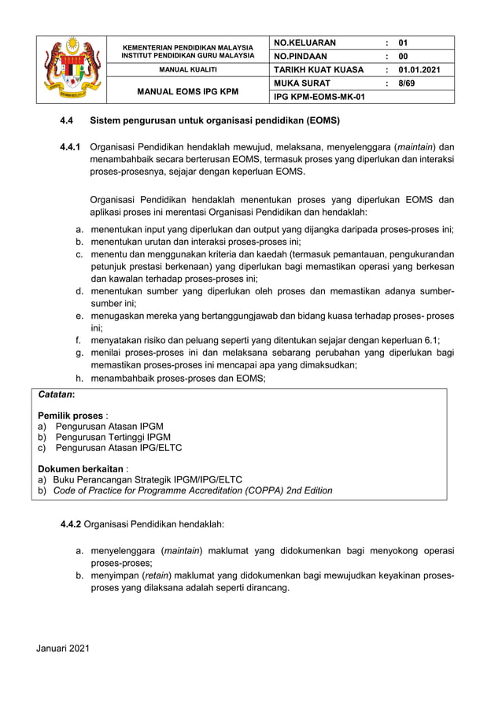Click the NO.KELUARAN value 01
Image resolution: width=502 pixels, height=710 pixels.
click(x=404, y=43)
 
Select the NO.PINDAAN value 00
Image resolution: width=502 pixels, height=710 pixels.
click(x=404, y=57)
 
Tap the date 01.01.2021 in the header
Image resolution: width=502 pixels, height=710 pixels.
click(x=419, y=70)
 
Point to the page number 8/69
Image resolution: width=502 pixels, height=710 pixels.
click(x=407, y=83)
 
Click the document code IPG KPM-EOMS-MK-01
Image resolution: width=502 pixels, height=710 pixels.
click(x=319, y=96)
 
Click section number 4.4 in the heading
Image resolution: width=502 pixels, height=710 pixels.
click(x=68, y=122)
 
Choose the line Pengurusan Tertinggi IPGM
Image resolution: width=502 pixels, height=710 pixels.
click(x=113, y=437)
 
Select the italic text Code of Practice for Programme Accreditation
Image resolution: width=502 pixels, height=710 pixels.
click(x=165, y=490)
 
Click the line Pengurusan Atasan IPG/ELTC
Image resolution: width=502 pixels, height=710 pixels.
click(x=118, y=448)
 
